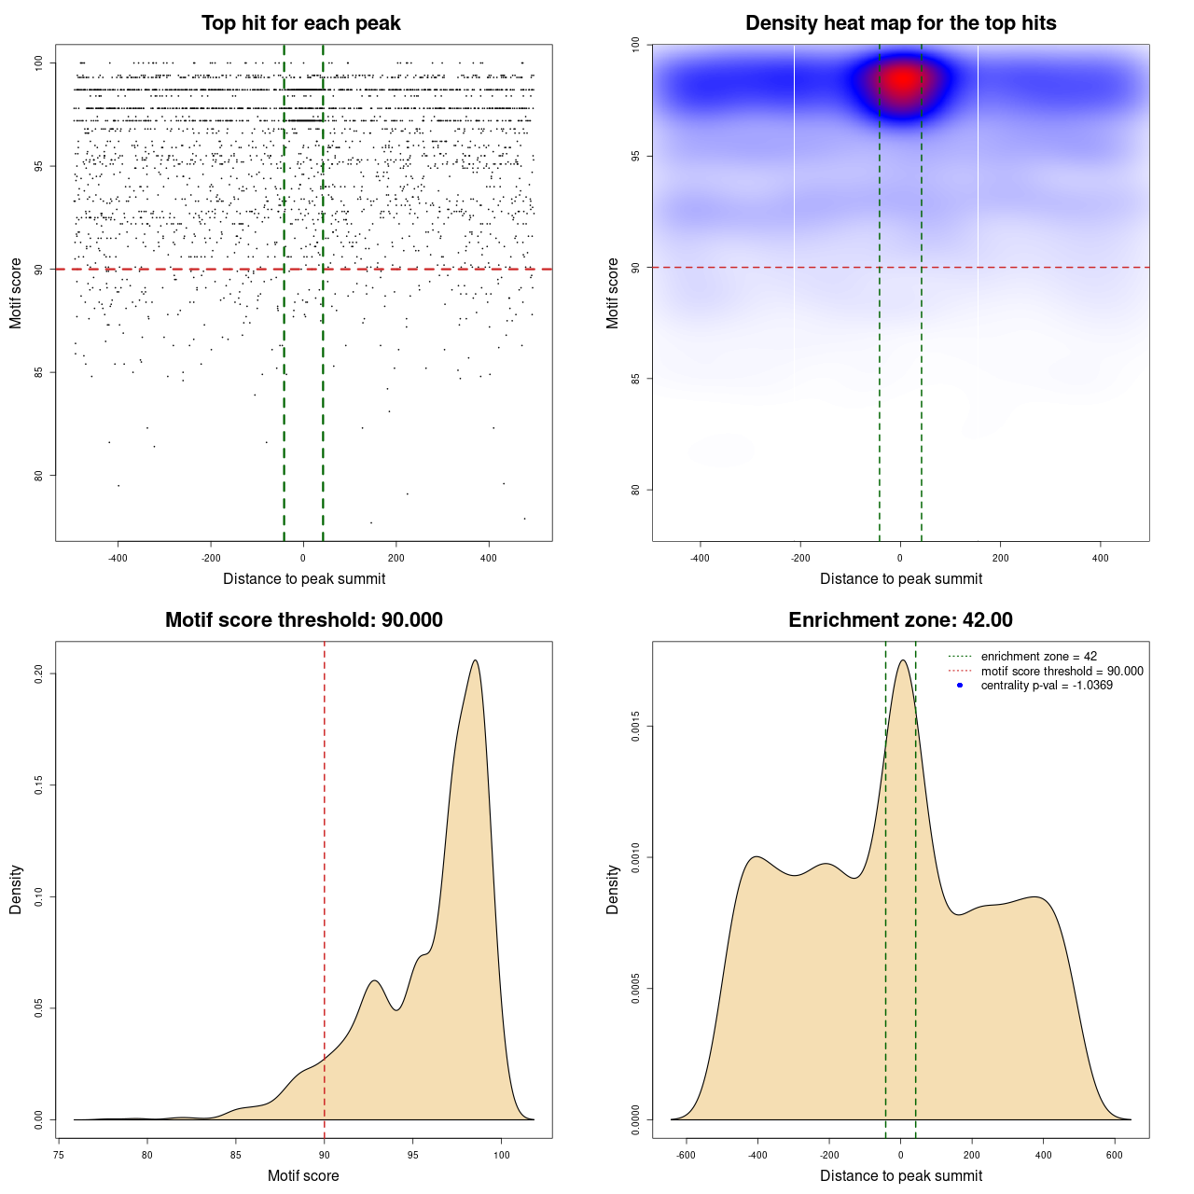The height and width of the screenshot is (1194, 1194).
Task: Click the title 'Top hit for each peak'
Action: click(301, 23)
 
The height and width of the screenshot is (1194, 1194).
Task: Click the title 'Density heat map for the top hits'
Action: click(900, 23)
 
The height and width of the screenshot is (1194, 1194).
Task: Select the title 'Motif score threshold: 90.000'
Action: click(303, 620)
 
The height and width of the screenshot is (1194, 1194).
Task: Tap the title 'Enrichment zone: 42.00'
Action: click(900, 620)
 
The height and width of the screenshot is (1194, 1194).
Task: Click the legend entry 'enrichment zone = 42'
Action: click(1038, 657)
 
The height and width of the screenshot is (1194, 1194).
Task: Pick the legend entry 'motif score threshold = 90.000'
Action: click(1062, 671)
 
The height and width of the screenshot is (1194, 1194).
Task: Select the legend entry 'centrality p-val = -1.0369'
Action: click(1047, 686)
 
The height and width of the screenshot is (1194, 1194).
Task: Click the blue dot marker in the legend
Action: click(960, 686)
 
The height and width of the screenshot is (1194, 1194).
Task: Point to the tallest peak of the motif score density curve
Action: click(476, 660)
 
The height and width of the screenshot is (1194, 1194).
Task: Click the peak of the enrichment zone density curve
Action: click(902, 660)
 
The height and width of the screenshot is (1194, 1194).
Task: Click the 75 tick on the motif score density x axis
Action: click(59, 1155)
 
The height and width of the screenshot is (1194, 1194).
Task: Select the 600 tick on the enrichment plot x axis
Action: click(1115, 1155)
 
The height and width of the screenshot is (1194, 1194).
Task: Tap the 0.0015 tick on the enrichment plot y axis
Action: click(635, 727)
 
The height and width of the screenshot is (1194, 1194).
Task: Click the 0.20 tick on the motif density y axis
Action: click(38, 673)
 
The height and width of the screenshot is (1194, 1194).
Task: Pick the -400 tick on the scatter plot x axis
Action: click(118, 558)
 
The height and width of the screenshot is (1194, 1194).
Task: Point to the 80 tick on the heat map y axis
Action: click(635, 490)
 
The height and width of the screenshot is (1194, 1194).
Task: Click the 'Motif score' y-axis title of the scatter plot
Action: click(16, 293)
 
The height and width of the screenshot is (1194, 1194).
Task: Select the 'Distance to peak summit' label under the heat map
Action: click(901, 578)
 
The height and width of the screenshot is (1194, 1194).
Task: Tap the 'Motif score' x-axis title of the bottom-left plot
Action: click(303, 1175)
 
